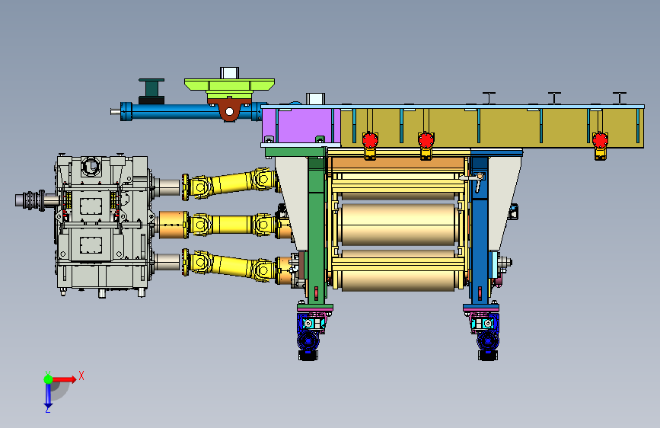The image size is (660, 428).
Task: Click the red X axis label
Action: point(81,375)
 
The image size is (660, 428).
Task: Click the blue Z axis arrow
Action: point(48,394)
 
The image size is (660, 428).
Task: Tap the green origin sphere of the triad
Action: point(48,379)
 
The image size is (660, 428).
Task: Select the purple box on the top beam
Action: point(301,126)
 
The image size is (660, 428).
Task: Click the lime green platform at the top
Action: point(229,85)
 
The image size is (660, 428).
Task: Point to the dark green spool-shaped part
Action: point(151,91)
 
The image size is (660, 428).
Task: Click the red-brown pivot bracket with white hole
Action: point(229,110)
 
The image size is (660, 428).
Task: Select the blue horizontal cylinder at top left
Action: point(190,111)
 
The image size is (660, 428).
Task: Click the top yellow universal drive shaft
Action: point(230,184)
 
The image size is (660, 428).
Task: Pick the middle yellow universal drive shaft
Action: point(229,224)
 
